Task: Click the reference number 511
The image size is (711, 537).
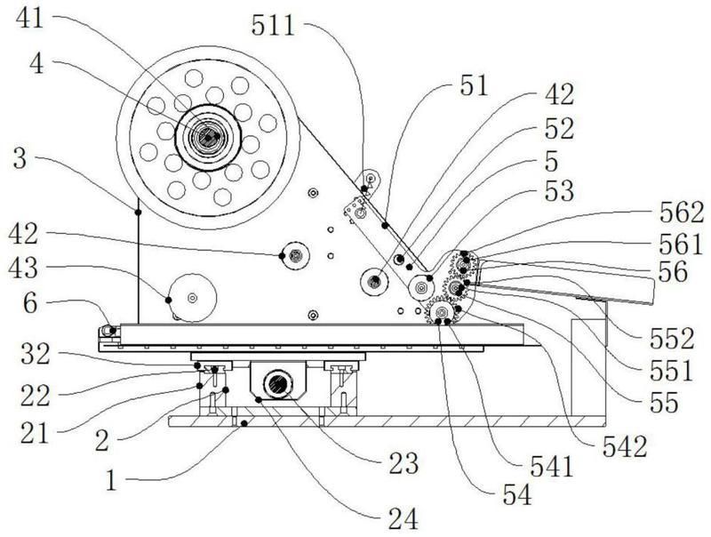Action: pyautogui.click(x=274, y=26)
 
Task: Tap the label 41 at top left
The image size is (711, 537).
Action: pyautogui.click(x=30, y=19)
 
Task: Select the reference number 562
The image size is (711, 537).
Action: pyautogui.click(x=682, y=212)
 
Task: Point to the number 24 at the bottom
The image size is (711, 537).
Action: pyautogui.click(x=403, y=519)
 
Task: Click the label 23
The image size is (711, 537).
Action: pyautogui.click(x=403, y=463)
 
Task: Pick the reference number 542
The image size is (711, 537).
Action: pyautogui.click(x=625, y=446)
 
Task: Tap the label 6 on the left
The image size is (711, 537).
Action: pyautogui.click(x=30, y=303)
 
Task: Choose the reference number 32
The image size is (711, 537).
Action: pyautogui.click(x=36, y=354)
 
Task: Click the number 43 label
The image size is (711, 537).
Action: pyautogui.click(x=24, y=268)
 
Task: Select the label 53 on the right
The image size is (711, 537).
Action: pyautogui.click(x=560, y=190)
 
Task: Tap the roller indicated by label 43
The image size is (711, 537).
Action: pyautogui.click(x=193, y=298)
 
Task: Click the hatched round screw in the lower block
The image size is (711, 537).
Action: pyautogui.click(x=277, y=385)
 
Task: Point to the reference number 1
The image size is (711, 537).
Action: pyautogui.click(x=111, y=481)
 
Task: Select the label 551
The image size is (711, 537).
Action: pyautogui.click(x=672, y=371)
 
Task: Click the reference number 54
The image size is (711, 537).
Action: pyautogui.click(x=517, y=494)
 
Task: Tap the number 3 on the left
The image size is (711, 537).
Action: pyautogui.click(x=20, y=159)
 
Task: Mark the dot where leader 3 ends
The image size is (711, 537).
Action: pyautogui.click(x=138, y=212)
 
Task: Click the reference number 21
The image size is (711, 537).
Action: pyautogui.click(x=35, y=434)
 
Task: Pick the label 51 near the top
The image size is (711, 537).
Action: pyautogui.click(x=474, y=85)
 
